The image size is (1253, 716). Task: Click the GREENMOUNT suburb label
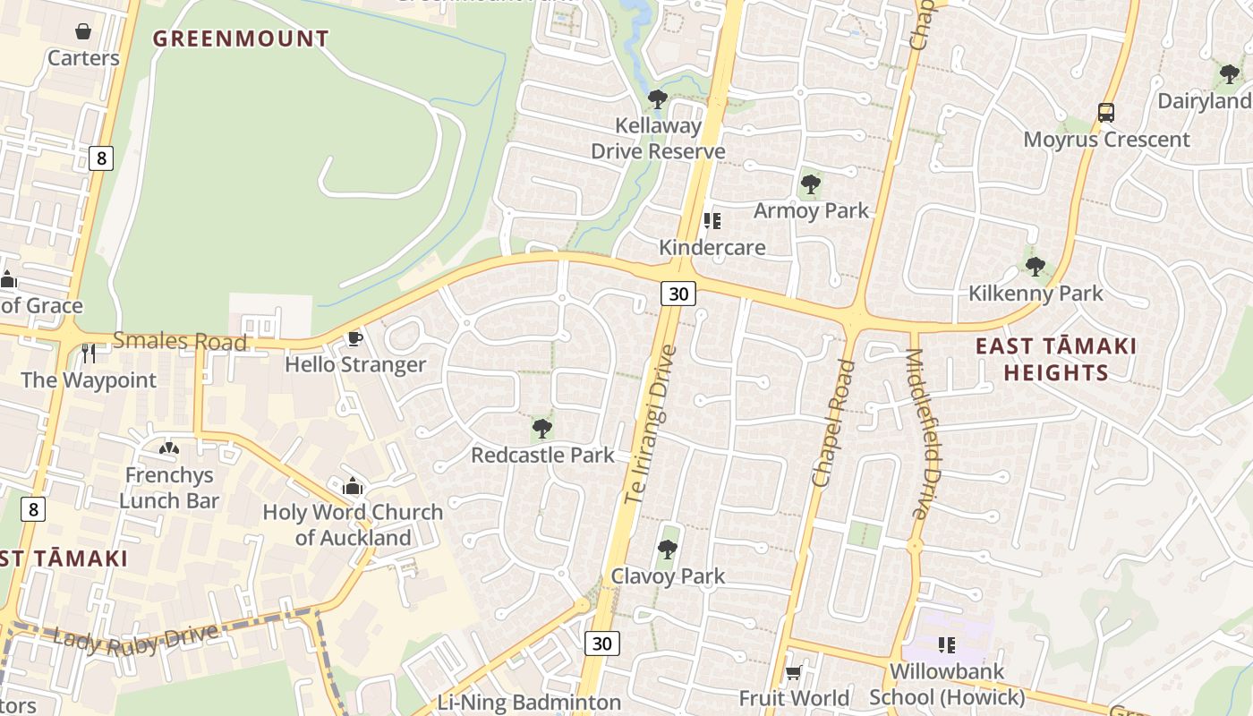point(241,38)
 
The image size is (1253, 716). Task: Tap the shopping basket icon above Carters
point(83,32)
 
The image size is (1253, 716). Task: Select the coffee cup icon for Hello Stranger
point(354,338)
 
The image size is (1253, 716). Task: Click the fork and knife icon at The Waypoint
point(88,354)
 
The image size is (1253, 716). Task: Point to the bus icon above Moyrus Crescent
point(1106,113)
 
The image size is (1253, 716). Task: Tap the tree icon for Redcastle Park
point(541,428)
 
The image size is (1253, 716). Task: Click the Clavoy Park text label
point(668,575)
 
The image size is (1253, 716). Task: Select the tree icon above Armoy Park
point(811,184)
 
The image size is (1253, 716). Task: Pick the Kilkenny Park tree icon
point(1036,266)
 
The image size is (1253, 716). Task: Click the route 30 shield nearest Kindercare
point(679,293)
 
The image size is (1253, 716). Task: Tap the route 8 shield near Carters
point(101,158)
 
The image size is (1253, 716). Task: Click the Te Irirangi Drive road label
point(644,422)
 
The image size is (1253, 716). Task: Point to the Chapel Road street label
point(832,422)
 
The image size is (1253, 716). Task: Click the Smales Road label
point(179,340)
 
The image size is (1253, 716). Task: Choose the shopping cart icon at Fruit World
point(793,672)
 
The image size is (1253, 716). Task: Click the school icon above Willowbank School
point(947,644)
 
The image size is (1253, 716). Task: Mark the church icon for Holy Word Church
point(353,486)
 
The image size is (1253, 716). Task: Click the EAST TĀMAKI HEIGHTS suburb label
point(1056,359)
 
